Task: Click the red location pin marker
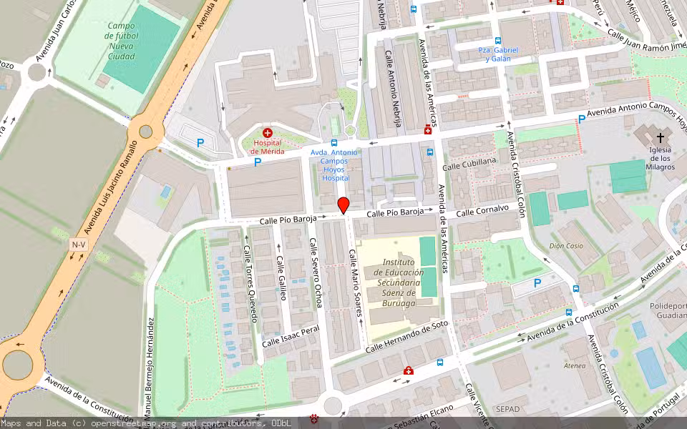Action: pyautogui.click(x=343, y=205)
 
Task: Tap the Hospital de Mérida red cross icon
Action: pyautogui.click(x=268, y=133)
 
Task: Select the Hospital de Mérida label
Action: pyautogui.click(x=268, y=147)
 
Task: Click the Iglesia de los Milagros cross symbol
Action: pyautogui.click(x=660, y=136)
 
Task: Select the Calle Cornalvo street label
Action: pyautogui.click(x=482, y=210)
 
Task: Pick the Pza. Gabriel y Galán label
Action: pyautogui.click(x=497, y=54)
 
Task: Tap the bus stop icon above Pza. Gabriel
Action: pyautogui.click(x=498, y=41)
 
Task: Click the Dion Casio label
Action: pyautogui.click(x=565, y=245)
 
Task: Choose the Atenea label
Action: pyautogui.click(x=575, y=365)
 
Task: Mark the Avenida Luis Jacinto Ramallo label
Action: pyautogui.click(x=109, y=187)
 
